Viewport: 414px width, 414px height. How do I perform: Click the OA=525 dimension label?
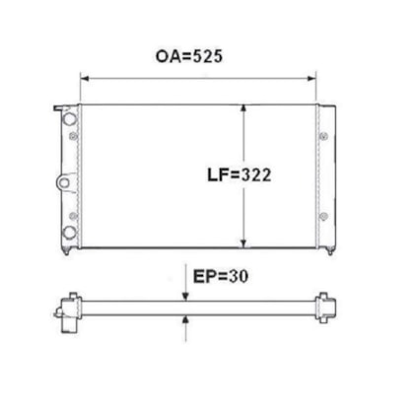(x=189, y=56)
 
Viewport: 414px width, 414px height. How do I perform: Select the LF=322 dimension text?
(x=240, y=174)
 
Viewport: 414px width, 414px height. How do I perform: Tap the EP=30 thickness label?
(x=221, y=276)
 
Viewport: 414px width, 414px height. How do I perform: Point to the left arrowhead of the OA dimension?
(x=85, y=79)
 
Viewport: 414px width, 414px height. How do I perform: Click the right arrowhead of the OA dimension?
(x=311, y=79)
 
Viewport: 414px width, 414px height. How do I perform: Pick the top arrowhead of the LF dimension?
(x=243, y=108)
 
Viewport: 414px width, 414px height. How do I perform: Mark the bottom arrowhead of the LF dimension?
(x=243, y=243)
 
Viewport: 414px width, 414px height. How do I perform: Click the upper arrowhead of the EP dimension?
(x=185, y=297)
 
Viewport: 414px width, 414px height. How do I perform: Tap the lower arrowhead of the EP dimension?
(x=185, y=319)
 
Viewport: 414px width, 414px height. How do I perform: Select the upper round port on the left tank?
(x=69, y=118)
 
